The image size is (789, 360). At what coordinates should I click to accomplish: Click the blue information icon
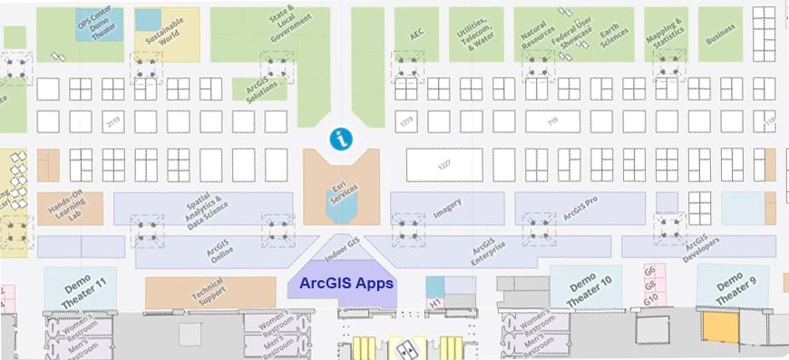point(342,139)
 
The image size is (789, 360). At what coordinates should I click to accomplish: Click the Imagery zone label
point(447,208)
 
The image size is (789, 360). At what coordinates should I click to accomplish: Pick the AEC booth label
point(416,33)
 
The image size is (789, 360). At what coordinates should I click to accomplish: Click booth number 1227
point(444,164)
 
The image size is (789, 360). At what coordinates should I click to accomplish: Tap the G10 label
point(649,300)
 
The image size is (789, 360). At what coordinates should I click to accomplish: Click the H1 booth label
point(434,302)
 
